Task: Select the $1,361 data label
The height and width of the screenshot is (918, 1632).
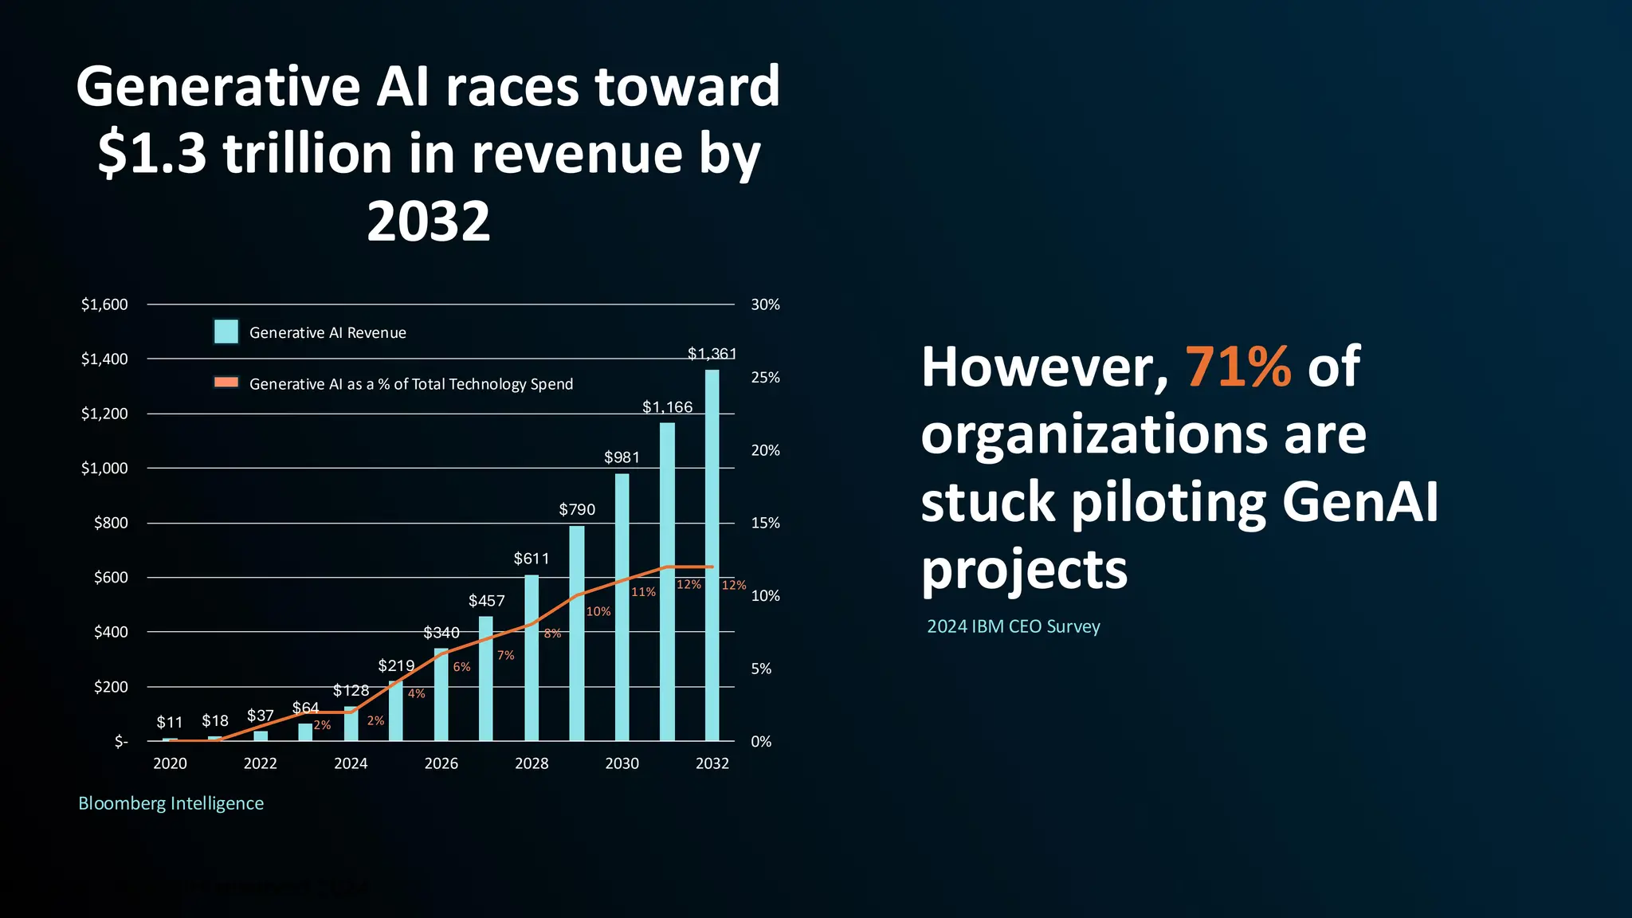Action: (x=712, y=353)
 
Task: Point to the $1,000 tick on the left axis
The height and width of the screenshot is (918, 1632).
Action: (x=104, y=468)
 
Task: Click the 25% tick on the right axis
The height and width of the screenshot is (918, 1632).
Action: (x=765, y=378)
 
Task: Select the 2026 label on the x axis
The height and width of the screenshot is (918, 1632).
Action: (x=441, y=763)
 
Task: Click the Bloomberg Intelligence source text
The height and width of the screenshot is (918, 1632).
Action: (x=171, y=803)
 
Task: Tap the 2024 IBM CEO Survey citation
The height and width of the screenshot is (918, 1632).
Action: (x=1013, y=626)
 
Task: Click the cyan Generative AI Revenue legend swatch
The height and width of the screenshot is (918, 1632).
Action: (x=226, y=331)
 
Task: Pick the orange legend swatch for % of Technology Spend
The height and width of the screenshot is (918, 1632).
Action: (x=226, y=382)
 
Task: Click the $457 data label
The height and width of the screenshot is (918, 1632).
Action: (x=486, y=601)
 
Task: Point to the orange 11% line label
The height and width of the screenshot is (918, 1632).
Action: (x=643, y=592)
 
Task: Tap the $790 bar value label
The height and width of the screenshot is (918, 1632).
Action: (x=577, y=510)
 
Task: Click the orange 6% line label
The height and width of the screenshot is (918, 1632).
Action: (x=461, y=667)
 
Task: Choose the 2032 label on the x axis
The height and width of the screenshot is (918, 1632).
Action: (x=712, y=763)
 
